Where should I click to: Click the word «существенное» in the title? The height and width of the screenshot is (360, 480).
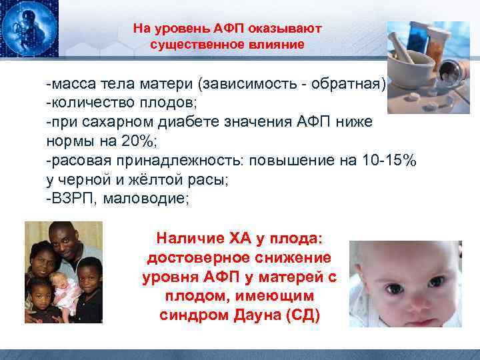(x=190, y=45)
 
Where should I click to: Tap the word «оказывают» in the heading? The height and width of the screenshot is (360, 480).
(x=288, y=29)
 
